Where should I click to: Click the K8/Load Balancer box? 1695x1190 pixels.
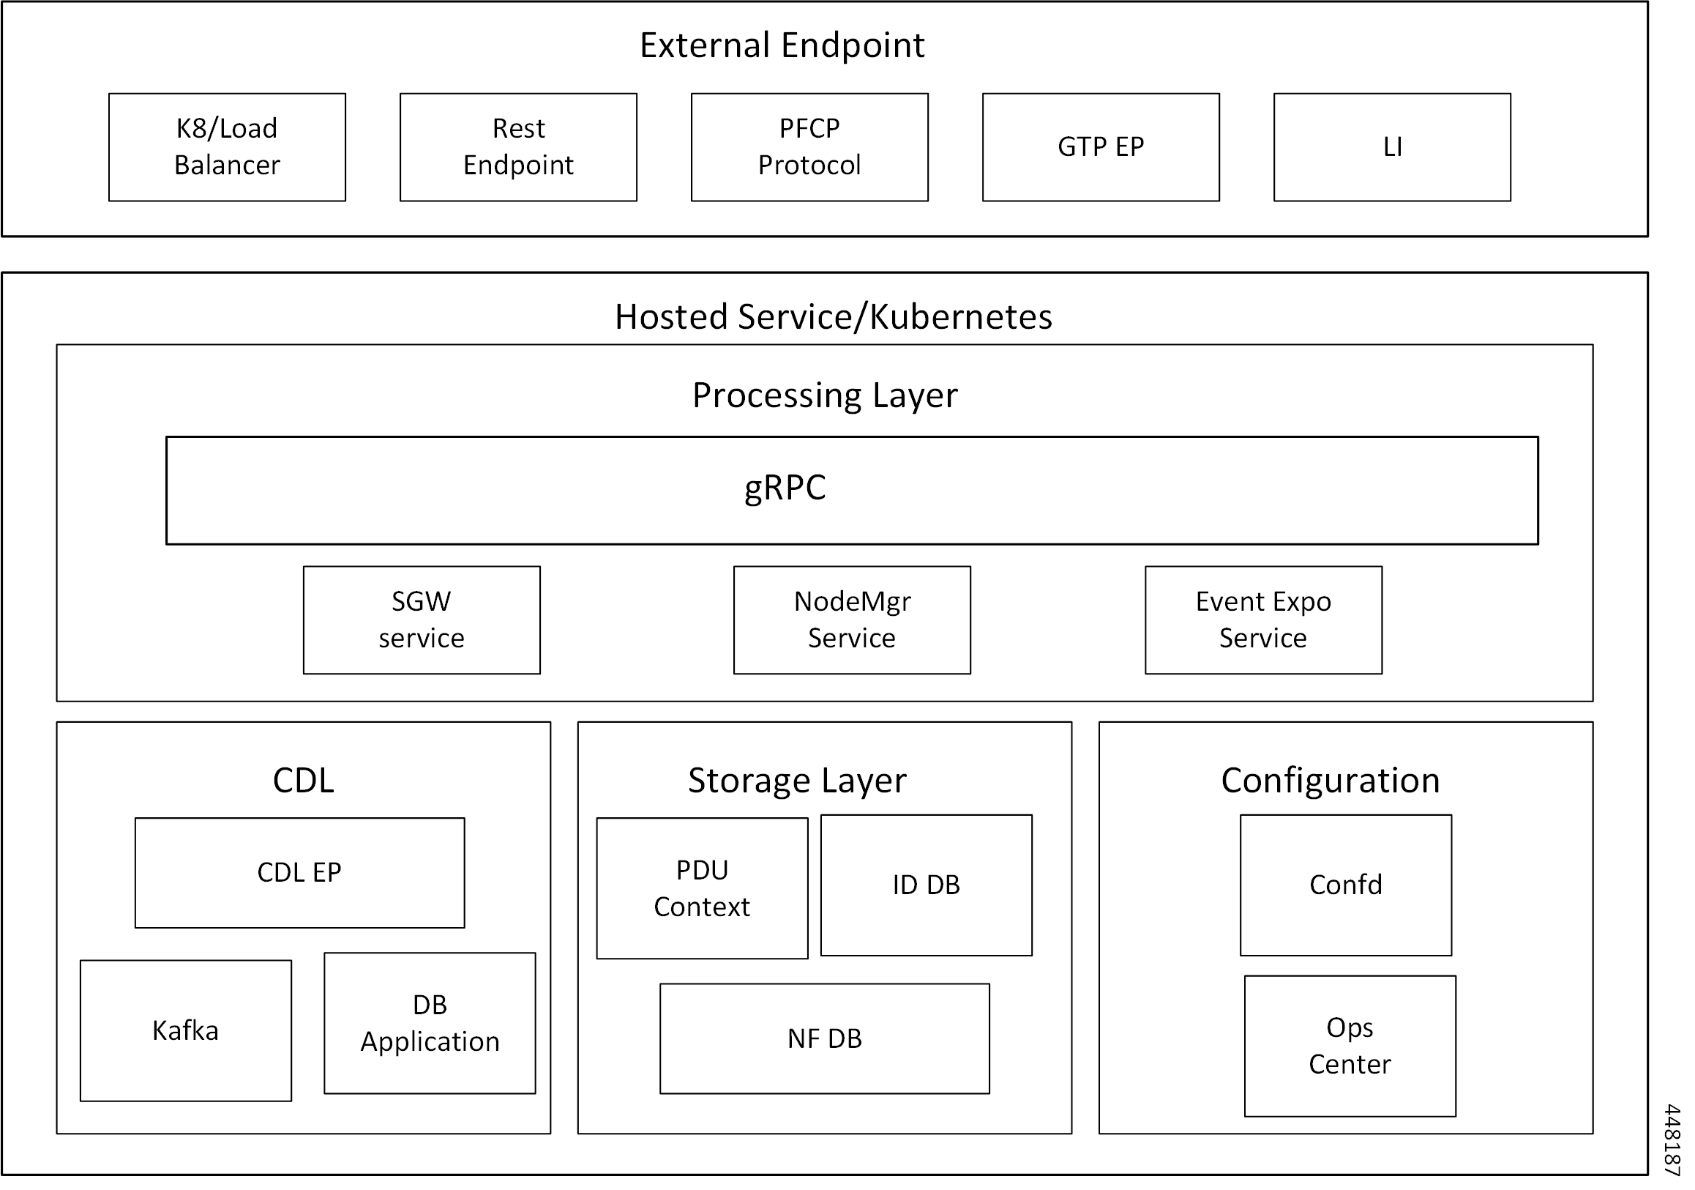tap(227, 147)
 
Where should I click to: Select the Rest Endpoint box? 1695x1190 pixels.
tap(518, 147)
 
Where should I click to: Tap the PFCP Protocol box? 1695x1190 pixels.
tap(809, 147)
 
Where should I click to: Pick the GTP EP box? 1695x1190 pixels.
tap(1101, 147)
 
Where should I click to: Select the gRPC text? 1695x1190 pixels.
tap(784, 488)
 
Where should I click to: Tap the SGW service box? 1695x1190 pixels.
tap(422, 620)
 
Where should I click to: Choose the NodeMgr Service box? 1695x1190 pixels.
tap(852, 620)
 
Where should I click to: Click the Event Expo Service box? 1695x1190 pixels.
tap(1263, 620)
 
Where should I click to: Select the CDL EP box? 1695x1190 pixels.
tap(300, 872)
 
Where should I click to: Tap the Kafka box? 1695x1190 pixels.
tap(185, 1030)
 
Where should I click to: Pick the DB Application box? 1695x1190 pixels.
tap(430, 1023)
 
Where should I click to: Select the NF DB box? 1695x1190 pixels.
tap(825, 1038)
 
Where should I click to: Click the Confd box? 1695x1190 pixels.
tap(1346, 885)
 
